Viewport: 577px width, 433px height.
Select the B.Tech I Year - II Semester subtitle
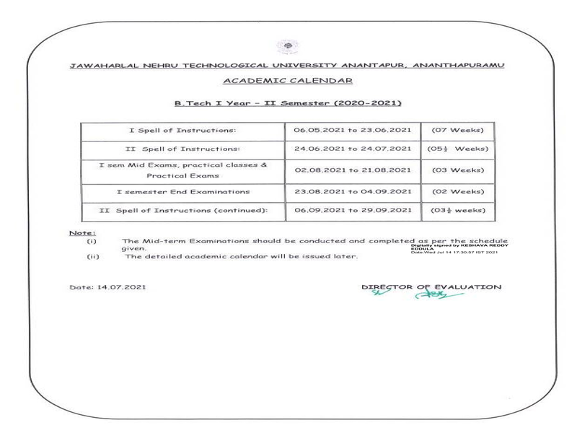[288, 104]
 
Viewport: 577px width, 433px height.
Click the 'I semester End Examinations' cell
[183, 191]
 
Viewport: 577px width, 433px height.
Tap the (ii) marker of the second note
[92, 256]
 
